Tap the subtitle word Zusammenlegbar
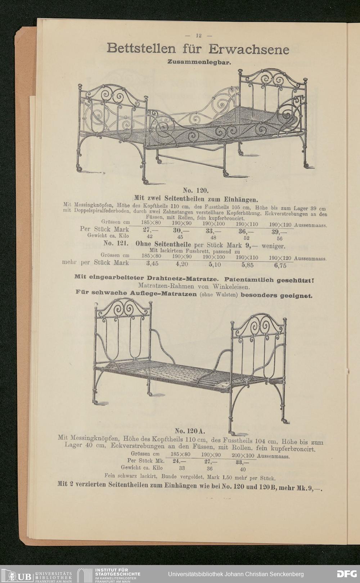(x=198, y=62)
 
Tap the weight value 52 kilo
(x=246, y=238)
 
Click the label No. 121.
(x=114, y=243)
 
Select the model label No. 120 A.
(x=190, y=431)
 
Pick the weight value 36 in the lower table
(x=210, y=469)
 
